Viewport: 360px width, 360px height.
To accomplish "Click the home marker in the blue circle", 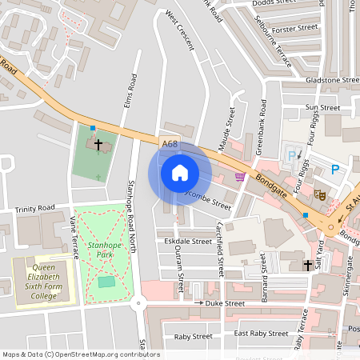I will [x=180, y=173].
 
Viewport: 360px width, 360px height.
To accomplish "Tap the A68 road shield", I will [x=169, y=144].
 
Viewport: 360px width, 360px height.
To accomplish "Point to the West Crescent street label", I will [x=180, y=30].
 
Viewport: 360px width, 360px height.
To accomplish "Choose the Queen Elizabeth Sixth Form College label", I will [x=46, y=281].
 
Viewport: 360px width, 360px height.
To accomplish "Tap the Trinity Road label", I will [x=34, y=209].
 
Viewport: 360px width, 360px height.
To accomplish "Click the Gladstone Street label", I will [x=332, y=81].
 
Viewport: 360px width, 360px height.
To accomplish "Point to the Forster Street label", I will [x=295, y=29].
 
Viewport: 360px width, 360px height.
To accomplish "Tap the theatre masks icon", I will [x=319, y=194].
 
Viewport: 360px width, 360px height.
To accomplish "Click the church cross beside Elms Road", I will [x=99, y=146].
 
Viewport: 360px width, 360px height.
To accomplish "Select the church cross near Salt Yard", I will [x=307, y=265].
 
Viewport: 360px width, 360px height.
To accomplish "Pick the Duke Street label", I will [x=224, y=304].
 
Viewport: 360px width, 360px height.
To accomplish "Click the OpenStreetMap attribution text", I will [x=81, y=354].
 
